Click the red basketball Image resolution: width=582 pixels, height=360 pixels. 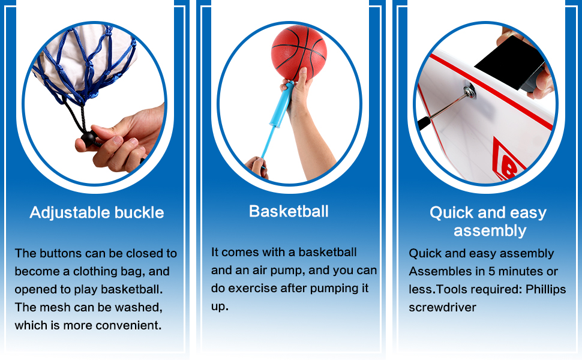(x=299, y=53)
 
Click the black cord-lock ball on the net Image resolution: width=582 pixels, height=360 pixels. (x=89, y=137)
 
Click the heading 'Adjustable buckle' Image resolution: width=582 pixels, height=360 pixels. (x=97, y=212)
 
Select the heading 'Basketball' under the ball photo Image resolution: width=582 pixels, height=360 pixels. (x=289, y=211)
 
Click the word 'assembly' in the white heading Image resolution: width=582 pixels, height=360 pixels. (x=490, y=231)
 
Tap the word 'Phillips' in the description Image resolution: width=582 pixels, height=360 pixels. (x=545, y=289)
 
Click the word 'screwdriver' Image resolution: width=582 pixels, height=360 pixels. (x=442, y=307)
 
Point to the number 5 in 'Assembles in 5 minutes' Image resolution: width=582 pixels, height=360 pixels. (x=492, y=271)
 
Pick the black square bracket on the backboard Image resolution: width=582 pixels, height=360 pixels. (x=509, y=62)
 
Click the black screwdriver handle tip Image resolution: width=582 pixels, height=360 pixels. (x=423, y=122)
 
